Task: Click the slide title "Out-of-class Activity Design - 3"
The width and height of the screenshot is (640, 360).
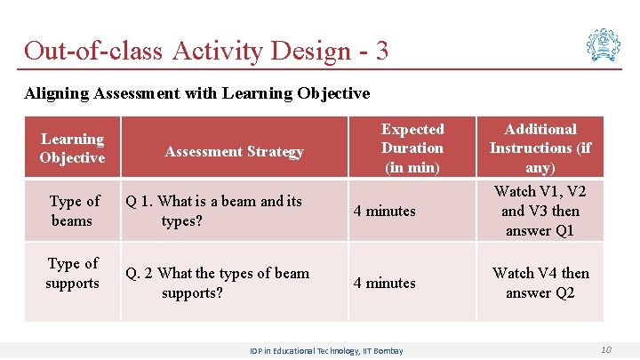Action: pyautogui.click(x=206, y=50)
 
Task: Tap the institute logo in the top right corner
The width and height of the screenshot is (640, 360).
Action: pyautogui.click(x=603, y=44)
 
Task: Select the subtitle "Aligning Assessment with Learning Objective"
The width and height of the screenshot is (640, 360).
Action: pyautogui.click(x=196, y=92)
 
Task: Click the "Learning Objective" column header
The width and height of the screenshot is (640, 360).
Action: pyautogui.click(x=72, y=148)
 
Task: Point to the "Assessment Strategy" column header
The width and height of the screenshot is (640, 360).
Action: pyautogui.click(x=234, y=152)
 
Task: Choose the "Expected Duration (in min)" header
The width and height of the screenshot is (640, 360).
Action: pyautogui.click(x=412, y=148)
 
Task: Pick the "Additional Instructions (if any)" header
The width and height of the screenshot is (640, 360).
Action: pyautogui.click(x=540, y=148)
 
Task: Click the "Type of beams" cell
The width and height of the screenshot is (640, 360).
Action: pyautogui.click(x=74, y=211)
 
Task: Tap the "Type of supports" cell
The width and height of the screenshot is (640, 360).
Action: pyautogui.click(x=73, y=274)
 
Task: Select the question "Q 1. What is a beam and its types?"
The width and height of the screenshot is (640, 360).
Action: pyautogui.click(x=213, y=211)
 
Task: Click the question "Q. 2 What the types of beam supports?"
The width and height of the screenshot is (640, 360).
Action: pyautogui.click(x=217, y=283)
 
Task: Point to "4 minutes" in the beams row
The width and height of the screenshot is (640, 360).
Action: pyautogui.click(x=384, y=211)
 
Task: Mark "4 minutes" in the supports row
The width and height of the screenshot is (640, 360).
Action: pyautogui.click(x=384, y=283)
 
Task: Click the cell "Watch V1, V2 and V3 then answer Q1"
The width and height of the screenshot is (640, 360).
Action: pyautogui.click(x=540, y=211)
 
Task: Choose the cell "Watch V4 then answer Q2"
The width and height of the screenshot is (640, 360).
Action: pyautogui.click(x=540, y=283)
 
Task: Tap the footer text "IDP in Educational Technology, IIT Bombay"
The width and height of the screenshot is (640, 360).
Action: pyautogui.click(x=326, y=350)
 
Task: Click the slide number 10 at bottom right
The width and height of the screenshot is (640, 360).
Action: pyautogui.click(x=605, y=349)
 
